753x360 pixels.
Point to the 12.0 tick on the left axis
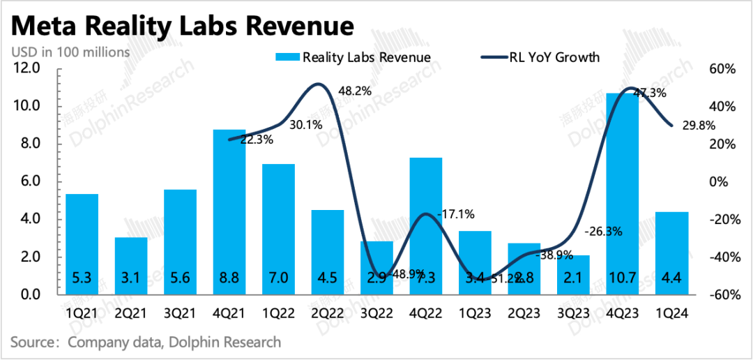point(29,68)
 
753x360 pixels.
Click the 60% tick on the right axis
point(722,68)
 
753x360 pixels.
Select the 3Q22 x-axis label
point(376,314)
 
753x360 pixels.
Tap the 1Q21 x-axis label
point(82,314)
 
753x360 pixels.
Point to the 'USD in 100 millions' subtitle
point(70,52)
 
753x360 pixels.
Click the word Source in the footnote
point(33,342)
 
